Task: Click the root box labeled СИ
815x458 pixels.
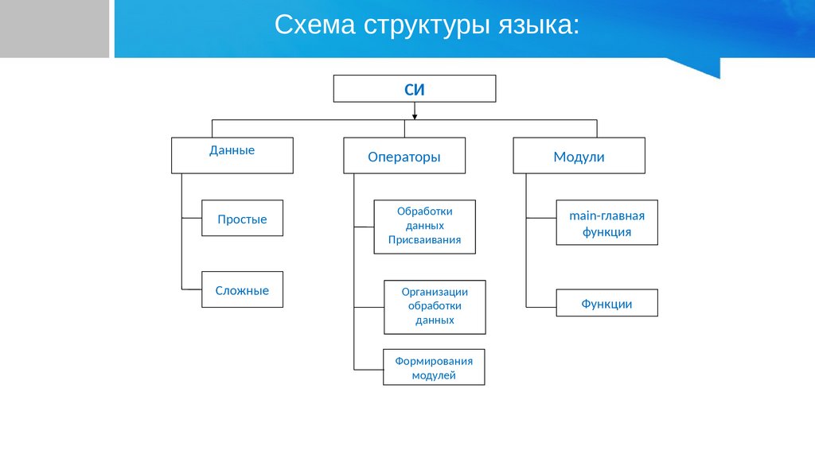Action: (x=414, y=89)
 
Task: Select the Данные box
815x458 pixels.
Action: (x=232, y=155)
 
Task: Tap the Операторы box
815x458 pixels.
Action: (x=404, y=155)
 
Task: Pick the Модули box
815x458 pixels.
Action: (x=579, y=155)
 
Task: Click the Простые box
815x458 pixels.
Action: (x=242, y=218)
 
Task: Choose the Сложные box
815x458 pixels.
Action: (x=242, y=289)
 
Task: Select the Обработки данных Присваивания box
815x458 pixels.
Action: (x=425, y=227)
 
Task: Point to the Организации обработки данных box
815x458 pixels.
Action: (x=435, y=307)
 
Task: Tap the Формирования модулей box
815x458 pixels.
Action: (x=434, y=367)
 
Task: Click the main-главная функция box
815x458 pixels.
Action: (x=607, y=223)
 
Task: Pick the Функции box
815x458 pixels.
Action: (x=607, y=303)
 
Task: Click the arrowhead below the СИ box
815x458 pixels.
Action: (x=415, y=117)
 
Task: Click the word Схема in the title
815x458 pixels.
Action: (x=315, y=25)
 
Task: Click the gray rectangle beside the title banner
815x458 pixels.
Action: (x=55, y=29)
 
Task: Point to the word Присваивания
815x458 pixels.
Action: (x=425, y=240)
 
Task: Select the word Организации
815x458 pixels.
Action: (x=435, y=293)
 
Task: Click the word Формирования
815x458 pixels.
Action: (x=434, y=361)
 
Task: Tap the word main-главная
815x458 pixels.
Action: (x=606, y=215)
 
